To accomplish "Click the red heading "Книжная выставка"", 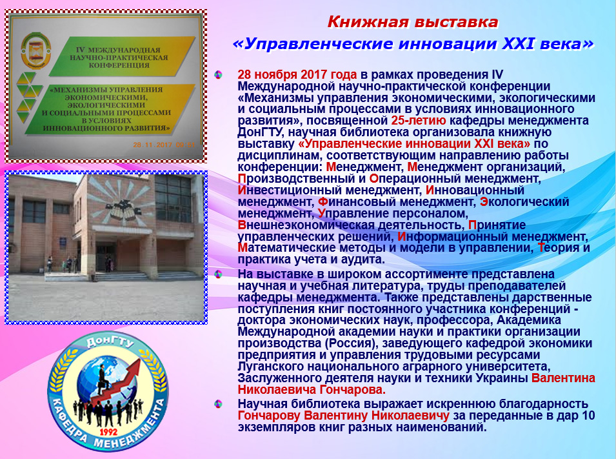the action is (x=413, y=22).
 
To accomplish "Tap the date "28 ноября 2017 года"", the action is (x=297, y=74).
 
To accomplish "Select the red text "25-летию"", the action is (x=419, y=120).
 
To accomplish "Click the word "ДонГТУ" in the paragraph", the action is (x=260, y=132).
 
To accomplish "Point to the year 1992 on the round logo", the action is (x=108, y=432).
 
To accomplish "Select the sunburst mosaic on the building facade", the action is (x=119, y=199).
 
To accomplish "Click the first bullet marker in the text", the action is (x=218, y=74).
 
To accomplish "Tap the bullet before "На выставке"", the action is (x=218, y=274).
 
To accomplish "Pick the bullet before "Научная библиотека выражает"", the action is (x=218, y=403).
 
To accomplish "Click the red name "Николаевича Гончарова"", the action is (x=312, y=390).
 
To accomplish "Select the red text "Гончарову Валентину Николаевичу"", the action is (x=343, y=415).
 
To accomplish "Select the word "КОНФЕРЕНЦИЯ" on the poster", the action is (x=119, y=65).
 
